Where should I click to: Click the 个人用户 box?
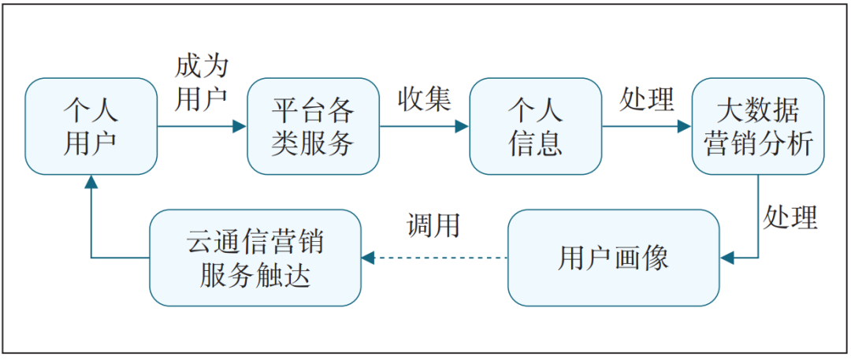pos(91,126)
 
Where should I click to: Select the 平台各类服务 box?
pos(313,126)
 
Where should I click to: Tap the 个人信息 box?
pos(535,126)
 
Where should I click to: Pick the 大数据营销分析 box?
pos(758,126)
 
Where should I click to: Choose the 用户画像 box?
pos(613,258)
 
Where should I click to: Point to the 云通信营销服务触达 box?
pos(255,258)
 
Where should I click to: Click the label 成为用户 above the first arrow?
pos(202,81)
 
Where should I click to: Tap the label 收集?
pos(424,98)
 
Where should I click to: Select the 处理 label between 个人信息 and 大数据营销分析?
pos(647,98)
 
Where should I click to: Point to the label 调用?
pos(433,225)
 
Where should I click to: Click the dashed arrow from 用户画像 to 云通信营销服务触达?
pos(434,258)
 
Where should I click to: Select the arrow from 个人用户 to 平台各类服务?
pos(202,126)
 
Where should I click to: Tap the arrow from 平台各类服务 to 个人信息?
pos(424,126)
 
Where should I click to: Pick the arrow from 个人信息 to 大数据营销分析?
pos(646,126)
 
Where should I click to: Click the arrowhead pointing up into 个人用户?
pos(91,182)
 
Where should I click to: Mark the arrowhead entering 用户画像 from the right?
pos(727,258)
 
